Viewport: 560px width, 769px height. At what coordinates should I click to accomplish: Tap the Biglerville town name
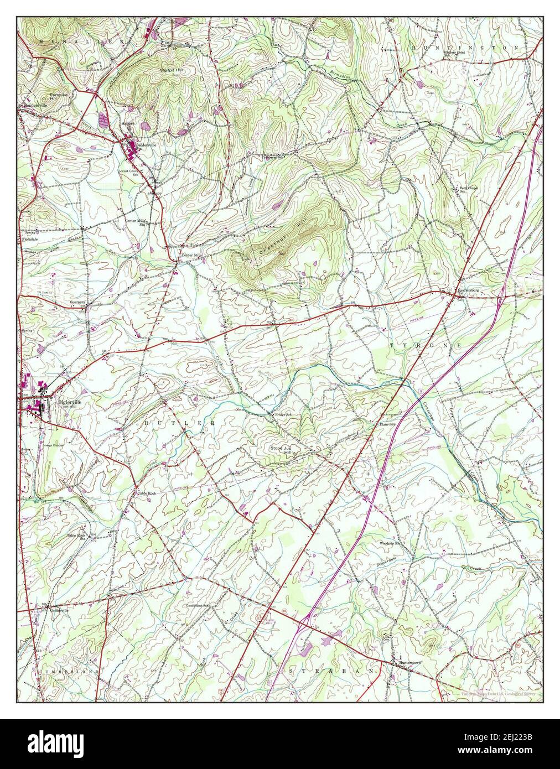tap(69, 402)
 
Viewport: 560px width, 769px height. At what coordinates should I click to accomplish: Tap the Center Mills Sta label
tap(136, 221)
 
